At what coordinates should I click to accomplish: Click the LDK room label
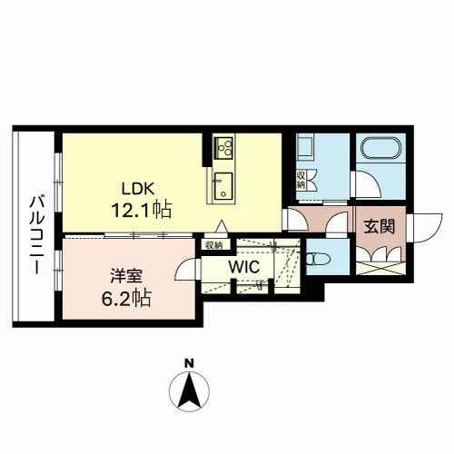pos(138,189)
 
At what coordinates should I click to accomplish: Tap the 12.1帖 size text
pos(142,210)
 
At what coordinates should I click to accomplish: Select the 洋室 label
pos(126,276)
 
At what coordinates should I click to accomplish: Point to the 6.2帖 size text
pos(126,298)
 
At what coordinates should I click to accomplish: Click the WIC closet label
pos(244,267)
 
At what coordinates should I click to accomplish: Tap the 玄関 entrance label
pos(380,226)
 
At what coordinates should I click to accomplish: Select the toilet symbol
pos(319,259)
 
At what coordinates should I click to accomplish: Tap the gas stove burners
pos(223,148)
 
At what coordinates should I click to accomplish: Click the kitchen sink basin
pos(223,186)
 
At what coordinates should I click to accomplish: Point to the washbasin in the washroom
pos(305,146)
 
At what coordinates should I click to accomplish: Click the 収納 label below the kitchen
pos(214,244)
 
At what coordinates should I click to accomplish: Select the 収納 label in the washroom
pos(301,180)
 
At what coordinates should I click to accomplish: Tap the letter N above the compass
pos(190,363)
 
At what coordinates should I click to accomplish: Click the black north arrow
pos(190,391)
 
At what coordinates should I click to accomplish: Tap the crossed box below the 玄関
pos(380,269)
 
